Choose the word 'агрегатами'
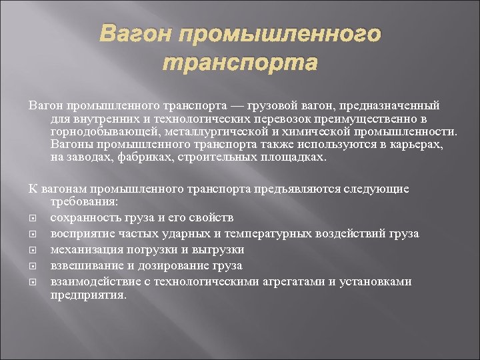295,281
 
